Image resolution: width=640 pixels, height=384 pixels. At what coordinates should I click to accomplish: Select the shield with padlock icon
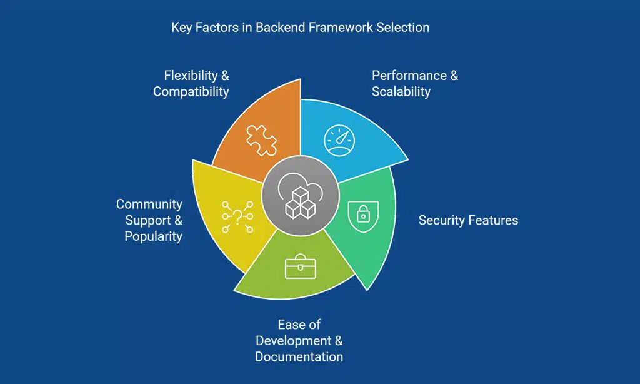362,215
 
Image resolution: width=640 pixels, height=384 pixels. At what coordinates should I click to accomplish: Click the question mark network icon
237,216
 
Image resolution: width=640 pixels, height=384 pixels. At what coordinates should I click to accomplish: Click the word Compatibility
191,92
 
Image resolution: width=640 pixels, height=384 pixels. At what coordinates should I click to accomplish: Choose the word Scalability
401,92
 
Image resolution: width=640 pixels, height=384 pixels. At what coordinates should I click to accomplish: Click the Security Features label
468,220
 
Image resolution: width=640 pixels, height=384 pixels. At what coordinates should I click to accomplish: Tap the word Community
149,204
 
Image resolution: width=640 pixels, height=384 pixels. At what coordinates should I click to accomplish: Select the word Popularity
153,236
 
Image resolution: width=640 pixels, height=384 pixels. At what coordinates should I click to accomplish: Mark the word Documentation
299,357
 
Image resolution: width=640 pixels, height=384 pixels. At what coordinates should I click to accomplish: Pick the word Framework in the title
341,28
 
